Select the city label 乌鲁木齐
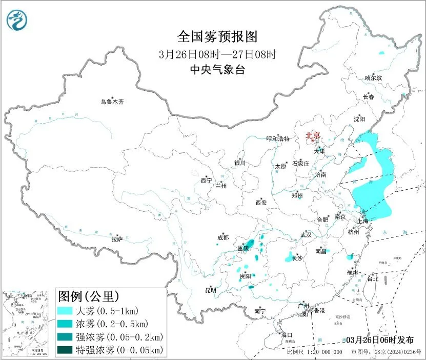pyautogui.click(x=112, y=102)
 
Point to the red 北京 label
pyautogui.click(x=313, y=135)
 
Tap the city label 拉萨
pyautogui.click(x=117, y=239)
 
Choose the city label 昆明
pyautogui.click(x=211, y=290)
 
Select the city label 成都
pyautogui.click(x=223, y=237)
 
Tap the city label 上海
pyautogui.click(x=363, y=221)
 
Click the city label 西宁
pyautogui.click(x=206, y=181)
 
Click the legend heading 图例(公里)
pyautogui.click(x=89, y=296)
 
